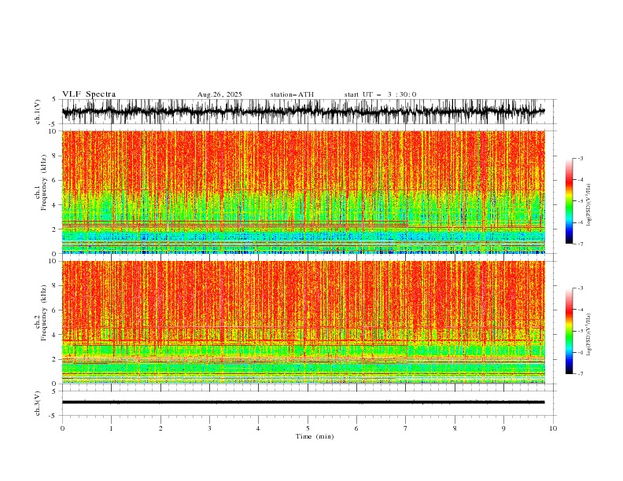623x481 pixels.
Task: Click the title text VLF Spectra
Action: click(x=89, y=94)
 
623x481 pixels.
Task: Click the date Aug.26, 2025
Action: click(x=219, y=94)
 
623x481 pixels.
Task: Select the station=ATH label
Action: click(x=292, y=94)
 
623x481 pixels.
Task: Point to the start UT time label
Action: click(x=380, y=94)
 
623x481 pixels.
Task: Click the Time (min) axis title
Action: click(x=308, y=436)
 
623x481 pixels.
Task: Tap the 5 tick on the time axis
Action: click(x=308, y=428)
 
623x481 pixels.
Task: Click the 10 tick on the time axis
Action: click(x=553, y=428)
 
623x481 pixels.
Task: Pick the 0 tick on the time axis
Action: click(x=62, y=428)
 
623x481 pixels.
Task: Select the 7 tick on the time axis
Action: click(x=406, y=428)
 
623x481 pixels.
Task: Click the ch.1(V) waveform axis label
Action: click(x=39, y=112)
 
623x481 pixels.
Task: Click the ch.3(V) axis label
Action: click(x=39, y=402)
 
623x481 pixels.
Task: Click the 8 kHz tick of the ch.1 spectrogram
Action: click(x=53, y=156)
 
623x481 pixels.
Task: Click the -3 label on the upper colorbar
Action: click(x=580, y=159)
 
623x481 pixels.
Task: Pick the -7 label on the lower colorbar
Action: click(x=580, y=374)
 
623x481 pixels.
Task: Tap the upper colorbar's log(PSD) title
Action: click(x=589, y=201)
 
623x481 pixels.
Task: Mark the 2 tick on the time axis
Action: click(x=160, y=428)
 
